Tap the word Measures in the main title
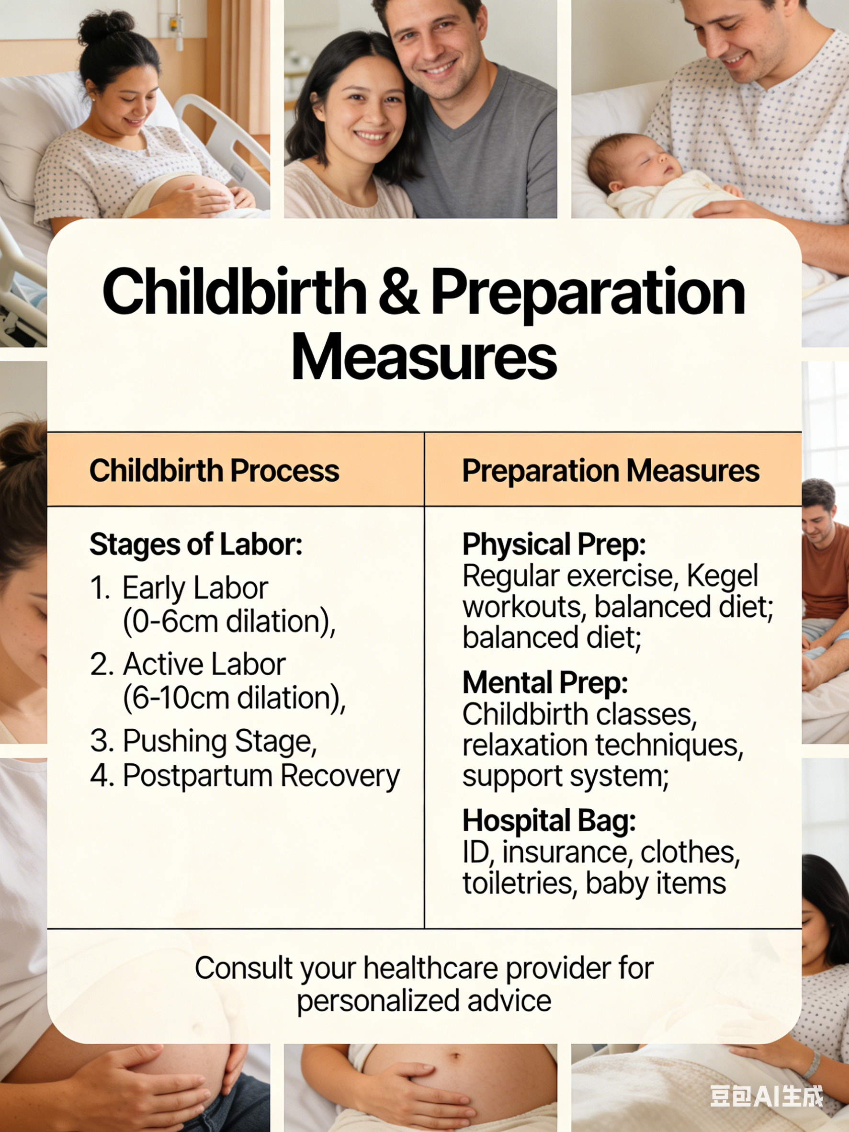[x=424, y=357]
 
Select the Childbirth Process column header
[x=214, y=470]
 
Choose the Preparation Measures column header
[x=611, y=470]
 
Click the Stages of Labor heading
[x=196, y=544]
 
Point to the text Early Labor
[x=195, y=588]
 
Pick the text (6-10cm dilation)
[x=234, y=698]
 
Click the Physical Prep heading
[x=554, y=544]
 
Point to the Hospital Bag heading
[x=549, y=821]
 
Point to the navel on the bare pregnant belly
[x=457, y=1056]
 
